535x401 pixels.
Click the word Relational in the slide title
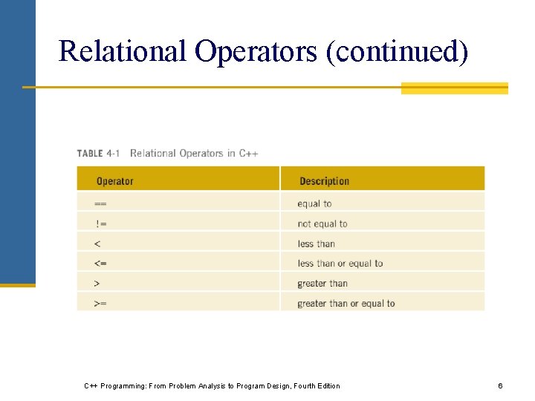(122, 51)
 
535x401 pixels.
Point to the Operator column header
(115, 181)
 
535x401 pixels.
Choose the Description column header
(324, 181)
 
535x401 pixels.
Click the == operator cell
(100, 203)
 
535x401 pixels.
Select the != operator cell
(101, 224)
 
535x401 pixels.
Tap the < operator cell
(97, 244)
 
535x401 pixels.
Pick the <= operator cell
(100, 264)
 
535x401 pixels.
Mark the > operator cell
(97, 283)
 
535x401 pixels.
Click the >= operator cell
(100, 303)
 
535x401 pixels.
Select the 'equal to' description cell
(314, 203)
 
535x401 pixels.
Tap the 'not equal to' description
(322, 224)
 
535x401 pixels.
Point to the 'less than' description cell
(317, 244)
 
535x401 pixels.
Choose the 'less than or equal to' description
(340, 264)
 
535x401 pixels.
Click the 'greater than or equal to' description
(346, 303)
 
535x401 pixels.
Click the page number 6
(500, 385)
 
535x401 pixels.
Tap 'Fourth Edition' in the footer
(316, 385)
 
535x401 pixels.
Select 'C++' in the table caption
(248, 154)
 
